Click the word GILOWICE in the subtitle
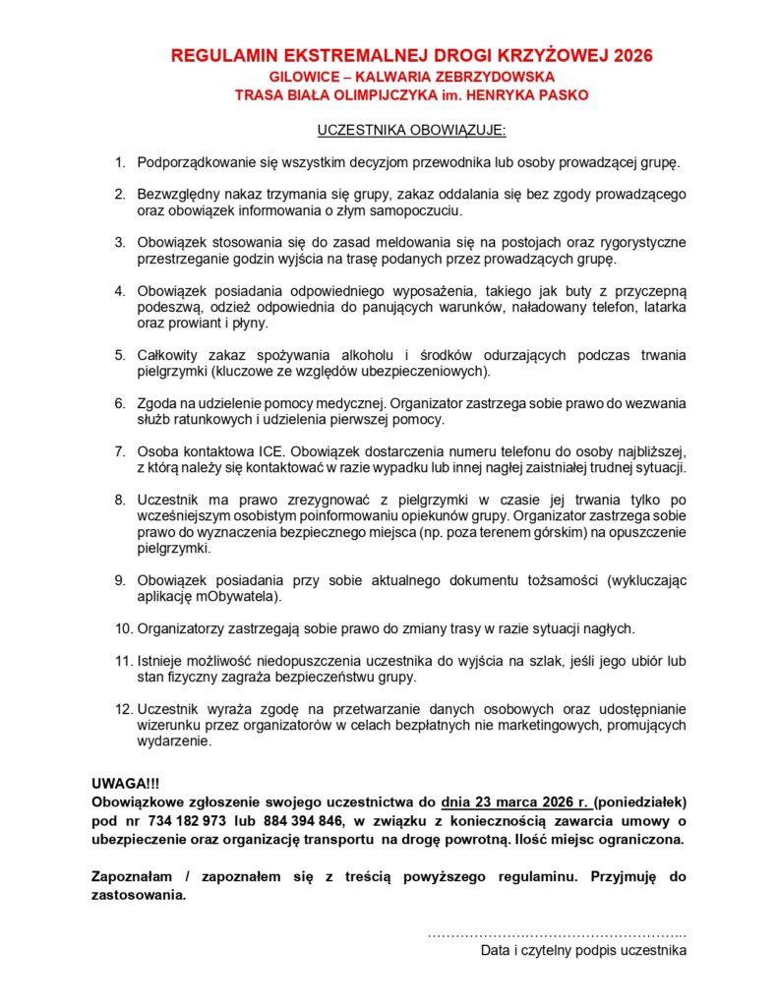pyautogui.click(x=303, y=76)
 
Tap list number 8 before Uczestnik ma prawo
pyautogui.click(x=121, y=501)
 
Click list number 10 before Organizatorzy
pyautogui.click(x=124, y=627)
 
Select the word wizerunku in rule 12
pyautogui.click(x=169, y=726)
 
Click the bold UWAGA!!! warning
pyautogui.click(x=124, y=784)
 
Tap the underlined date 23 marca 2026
pyautogui.click(x=513, y=800)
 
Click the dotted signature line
pyautogui.click(x=557, y=932)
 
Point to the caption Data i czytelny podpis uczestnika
pyautogui.click(x=583, y=951)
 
